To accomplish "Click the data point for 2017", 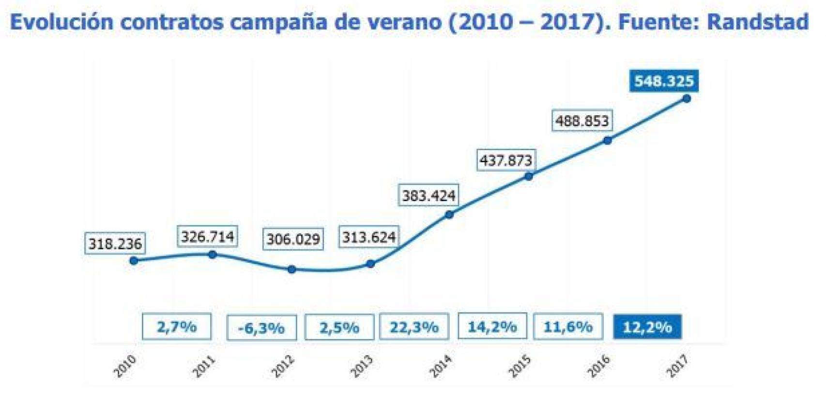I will click(x=686, y=99).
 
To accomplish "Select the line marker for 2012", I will click(x=291, y=269).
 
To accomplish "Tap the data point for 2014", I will click(x=449, y=214).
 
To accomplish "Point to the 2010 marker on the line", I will click(x=134, y=261).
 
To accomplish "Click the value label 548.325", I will click(x=664, y=81).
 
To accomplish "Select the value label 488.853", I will click(x=581, y=121).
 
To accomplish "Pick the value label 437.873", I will click(x=506, y=160).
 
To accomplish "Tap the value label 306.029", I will click(x=293, y=239).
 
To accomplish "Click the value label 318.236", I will click(x=115, y=244).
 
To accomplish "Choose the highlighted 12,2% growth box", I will click(x=647, y=327).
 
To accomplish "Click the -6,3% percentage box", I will click(x=261, y=328).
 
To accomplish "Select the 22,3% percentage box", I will click(x=414, y=327).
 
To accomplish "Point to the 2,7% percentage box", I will click(x=177, y=327).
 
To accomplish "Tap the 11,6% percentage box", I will click(x=568, y=327).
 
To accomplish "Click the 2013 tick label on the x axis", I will click(x=362, y=366).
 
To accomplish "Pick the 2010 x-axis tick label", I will click(x=125, y=366).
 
